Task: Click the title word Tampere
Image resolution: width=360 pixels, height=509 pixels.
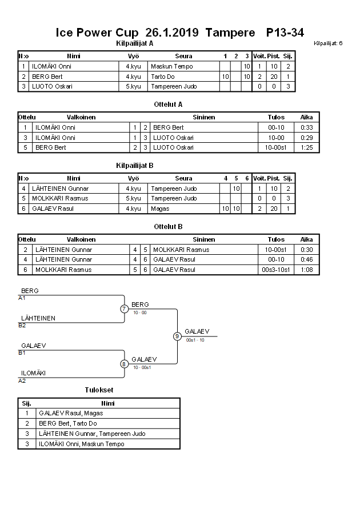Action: click(x=230, y=33)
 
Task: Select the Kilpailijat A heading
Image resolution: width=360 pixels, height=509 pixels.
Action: click(x=134, y=43)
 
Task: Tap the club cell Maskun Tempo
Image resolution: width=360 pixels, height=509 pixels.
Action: click(x=171, y=66)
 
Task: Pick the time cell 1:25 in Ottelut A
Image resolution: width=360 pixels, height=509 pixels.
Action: click(x=306, y=147)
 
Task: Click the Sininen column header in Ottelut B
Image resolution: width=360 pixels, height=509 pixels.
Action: click(x=203, y=239)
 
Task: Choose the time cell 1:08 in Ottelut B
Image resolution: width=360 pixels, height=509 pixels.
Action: click(x=306, y=270)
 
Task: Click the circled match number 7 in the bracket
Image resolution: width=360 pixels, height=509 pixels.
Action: click(x=124, y=309)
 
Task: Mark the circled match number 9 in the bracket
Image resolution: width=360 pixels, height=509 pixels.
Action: click(x=177, y=336)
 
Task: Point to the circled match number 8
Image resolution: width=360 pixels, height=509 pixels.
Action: click(x=124, y=364)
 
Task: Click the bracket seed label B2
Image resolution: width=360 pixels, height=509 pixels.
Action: click(x=22, y=326)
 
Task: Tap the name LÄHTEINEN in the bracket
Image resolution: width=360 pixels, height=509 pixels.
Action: click(x=38, y=318)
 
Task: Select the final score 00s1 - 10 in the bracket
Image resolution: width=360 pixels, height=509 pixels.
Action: click(x=195, y=340)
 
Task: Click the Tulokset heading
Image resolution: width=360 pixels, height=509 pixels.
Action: click(x=99, y=390)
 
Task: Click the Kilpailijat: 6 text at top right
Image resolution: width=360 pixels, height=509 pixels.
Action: click(x=328, y=43)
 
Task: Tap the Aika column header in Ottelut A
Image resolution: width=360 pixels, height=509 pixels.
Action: click(x=306, y=117)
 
